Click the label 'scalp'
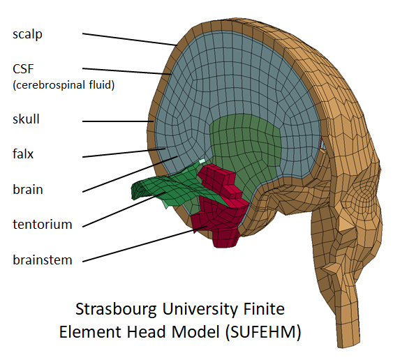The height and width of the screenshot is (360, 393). click(x=27, y=34)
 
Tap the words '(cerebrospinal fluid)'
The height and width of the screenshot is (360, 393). click(x=64, y=86)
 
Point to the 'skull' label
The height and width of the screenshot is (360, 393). click(x=27, y=119)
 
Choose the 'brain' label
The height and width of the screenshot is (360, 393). click(x=28, y=189)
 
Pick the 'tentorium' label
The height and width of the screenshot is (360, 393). click(x=42, y=225)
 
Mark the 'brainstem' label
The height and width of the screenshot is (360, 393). click(x=42, y=260)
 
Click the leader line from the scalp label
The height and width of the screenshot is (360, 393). click(x=129, y=38)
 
